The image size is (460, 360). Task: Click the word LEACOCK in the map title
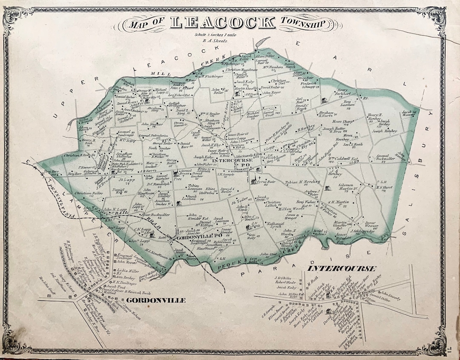[x=222, y=23]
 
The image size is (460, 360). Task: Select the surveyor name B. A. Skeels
[x=214, y=41]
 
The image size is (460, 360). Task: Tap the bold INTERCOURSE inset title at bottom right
[x=341, y=268]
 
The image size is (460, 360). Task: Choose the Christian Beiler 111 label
[x=89, y=194]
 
